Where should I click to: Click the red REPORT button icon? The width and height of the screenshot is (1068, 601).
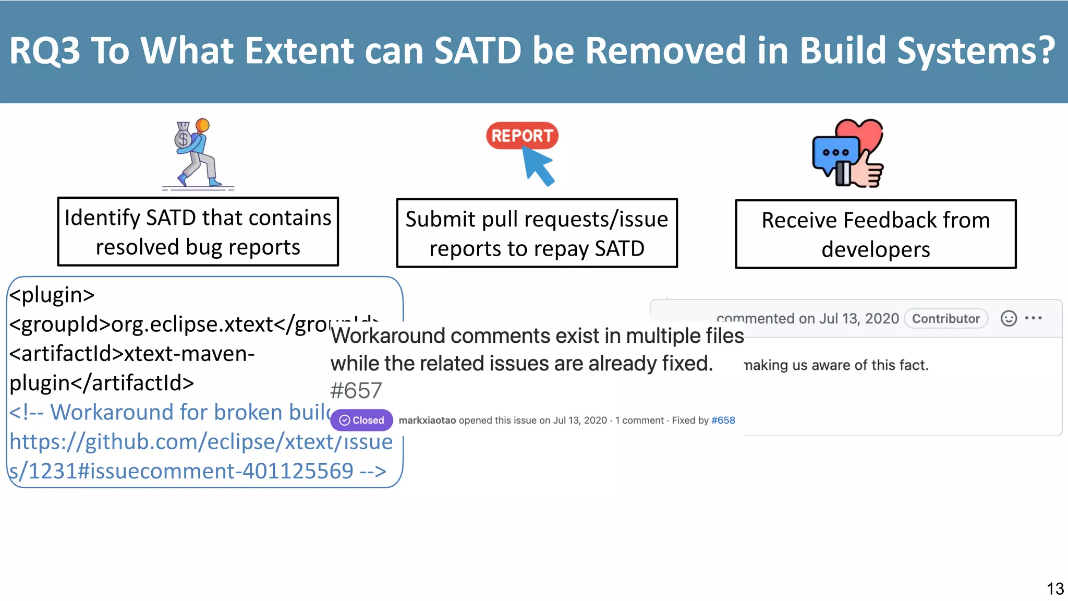point(522,136)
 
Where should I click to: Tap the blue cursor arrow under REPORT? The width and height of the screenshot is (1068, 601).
point(538,165)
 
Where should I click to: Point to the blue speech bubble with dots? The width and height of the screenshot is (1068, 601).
point(835,153)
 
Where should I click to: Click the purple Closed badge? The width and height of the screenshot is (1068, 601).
point(361,420)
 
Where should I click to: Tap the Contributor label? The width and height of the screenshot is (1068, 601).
point(945,319)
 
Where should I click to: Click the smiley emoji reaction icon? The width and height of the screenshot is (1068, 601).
point(1009,318)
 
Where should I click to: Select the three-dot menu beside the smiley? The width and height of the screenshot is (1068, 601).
point(1033,318)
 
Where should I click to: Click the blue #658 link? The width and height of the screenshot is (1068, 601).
point(723,420)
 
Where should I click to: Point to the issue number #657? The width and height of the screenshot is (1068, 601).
point(356,391)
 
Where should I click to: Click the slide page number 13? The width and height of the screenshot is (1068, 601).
point(1054,589)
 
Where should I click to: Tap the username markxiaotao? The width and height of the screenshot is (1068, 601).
point(427,420)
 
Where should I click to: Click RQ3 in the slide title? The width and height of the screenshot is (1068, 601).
point(45,51)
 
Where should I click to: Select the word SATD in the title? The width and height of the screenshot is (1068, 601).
point(477,51)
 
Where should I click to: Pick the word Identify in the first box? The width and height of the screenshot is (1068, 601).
point(102,218)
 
